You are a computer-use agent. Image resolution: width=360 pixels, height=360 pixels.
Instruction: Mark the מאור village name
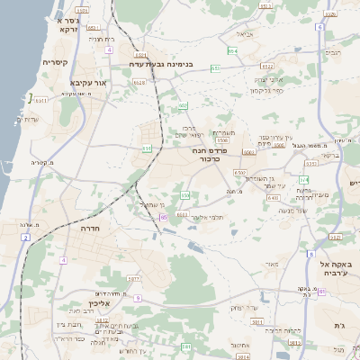(x=273, y=264)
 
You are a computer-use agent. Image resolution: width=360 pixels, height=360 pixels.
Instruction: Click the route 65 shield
(x=164, y=217)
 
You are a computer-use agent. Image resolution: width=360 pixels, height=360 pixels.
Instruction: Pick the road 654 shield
(x=232, y=51)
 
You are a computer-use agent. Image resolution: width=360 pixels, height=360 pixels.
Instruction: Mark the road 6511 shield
(x=41, y=101)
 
